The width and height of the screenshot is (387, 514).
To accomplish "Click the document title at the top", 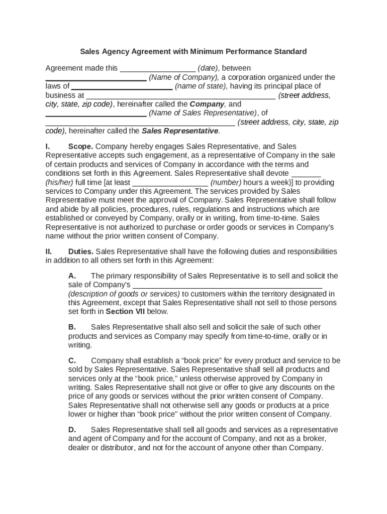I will coord(193,51).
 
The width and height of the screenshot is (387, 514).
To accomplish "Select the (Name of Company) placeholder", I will coord(183,77).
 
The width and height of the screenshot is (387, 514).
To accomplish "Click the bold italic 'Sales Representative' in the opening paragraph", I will coord(180,131).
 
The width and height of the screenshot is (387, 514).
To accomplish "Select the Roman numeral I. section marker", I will coord(48,146).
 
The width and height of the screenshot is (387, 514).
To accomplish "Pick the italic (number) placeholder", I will coord(226,182).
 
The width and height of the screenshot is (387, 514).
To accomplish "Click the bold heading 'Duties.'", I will coord(81,251).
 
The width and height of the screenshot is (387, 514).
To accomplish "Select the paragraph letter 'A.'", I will coord(72,276).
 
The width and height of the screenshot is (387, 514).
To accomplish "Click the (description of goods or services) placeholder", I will coord(124,294).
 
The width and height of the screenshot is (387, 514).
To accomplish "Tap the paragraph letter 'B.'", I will coord(72,327).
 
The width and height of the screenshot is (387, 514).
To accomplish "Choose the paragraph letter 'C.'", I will coord(72,360).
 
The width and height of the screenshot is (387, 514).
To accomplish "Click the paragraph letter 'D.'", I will coord(72,429).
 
